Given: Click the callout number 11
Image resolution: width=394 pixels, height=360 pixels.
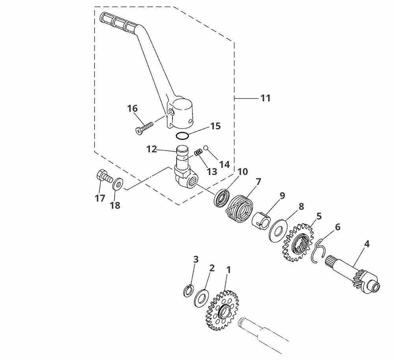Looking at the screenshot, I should pyautogui.click(x=266, y=98).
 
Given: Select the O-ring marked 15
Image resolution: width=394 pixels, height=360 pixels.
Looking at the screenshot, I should pyautogui.click(x=182, y=136).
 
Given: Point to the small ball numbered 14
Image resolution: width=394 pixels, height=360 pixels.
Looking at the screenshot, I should pyautogui.click(x=205, y=148).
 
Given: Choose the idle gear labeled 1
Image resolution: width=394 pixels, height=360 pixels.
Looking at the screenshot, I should pyautogui.click(x=221, y=310).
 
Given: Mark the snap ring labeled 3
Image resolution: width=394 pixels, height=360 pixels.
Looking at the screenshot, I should pyautogui.click(x=188, y=291).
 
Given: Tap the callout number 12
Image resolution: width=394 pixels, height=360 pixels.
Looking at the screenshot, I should pyautogui.click(x=152, y=149).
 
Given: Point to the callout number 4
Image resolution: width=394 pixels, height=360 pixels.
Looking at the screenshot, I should pyautogui.click(x=366, y=244).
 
